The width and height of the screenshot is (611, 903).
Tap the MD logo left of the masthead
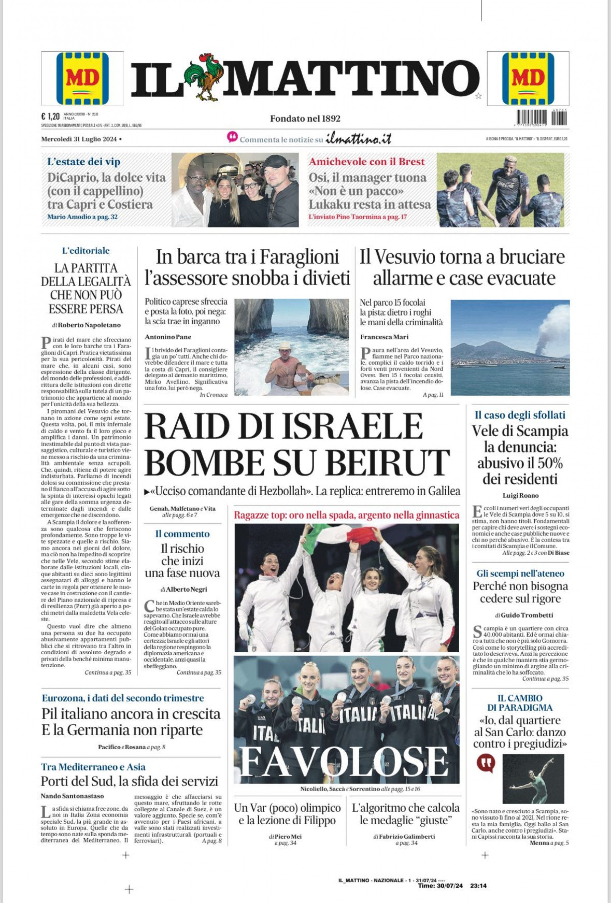(x=82, y=78)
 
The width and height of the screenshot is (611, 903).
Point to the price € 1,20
(x=50, y=116)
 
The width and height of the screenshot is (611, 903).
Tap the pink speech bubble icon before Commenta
(x=232, y=137)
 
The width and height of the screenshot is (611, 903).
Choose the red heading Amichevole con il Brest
(x=367, y=162)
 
